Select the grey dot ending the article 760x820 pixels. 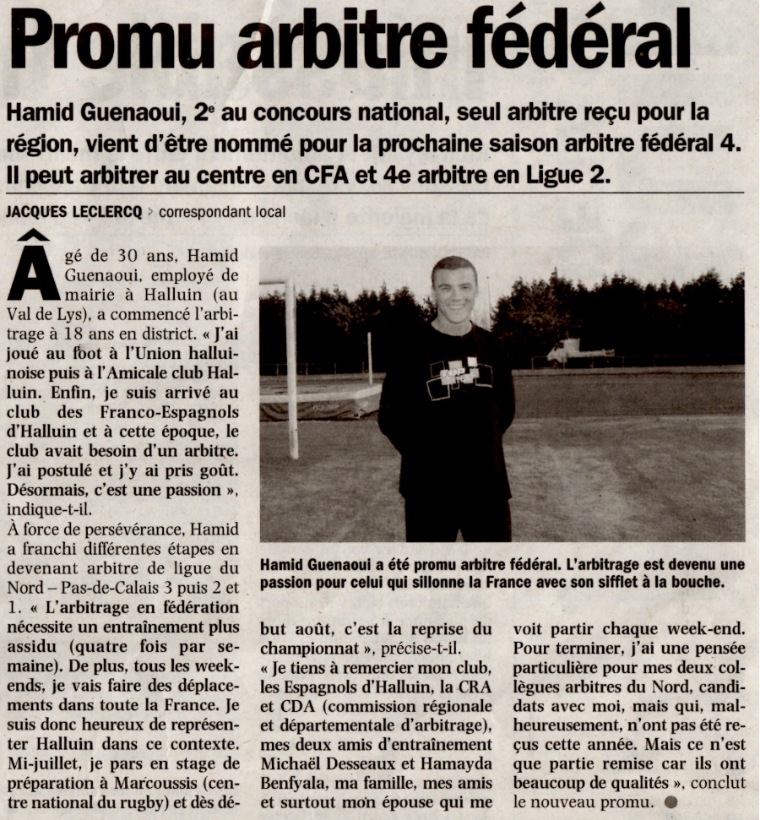(x=670, y=801)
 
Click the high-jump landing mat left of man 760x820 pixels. (x=320, y=401)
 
